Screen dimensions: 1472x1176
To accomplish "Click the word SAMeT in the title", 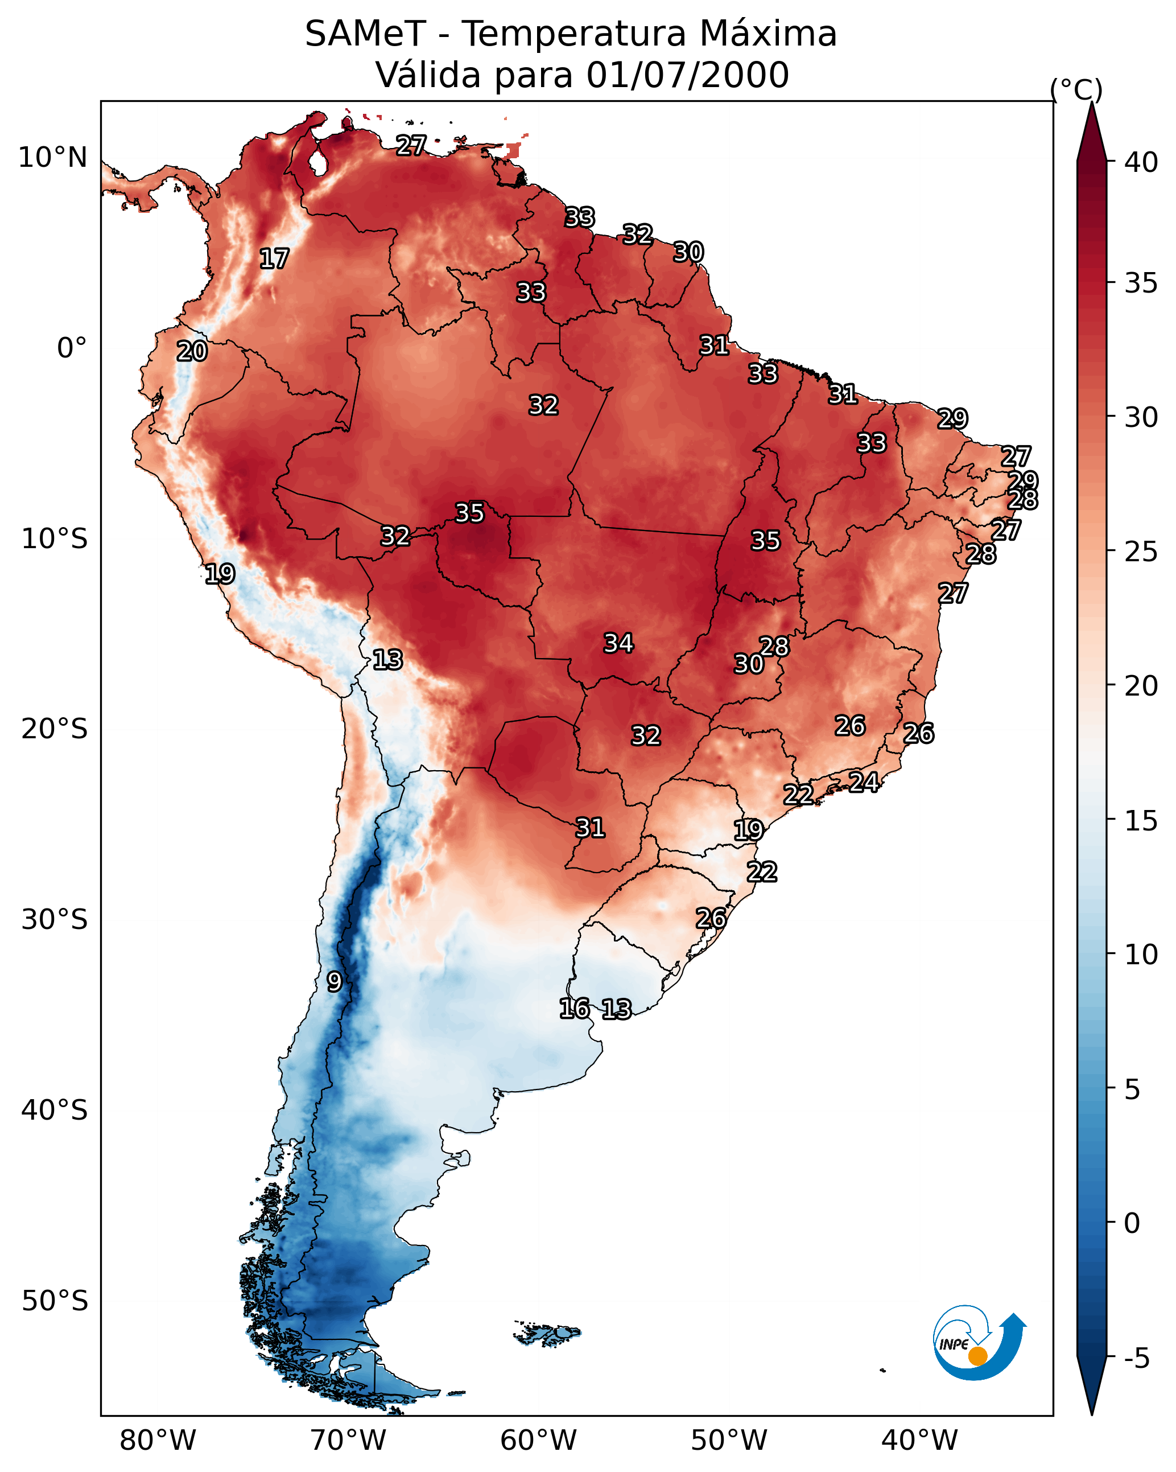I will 365,34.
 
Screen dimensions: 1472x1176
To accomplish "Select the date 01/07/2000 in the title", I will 687,75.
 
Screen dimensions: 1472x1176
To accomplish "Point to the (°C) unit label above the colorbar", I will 1076,89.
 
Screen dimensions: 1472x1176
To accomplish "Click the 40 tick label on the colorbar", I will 1141,162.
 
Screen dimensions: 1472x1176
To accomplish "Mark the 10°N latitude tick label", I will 52,158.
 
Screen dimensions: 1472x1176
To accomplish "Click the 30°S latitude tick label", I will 55,920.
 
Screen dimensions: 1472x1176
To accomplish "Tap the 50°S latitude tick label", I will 55,1301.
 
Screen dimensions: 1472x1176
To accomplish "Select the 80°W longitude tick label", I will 158,1440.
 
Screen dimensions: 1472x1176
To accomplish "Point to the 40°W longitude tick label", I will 919,1440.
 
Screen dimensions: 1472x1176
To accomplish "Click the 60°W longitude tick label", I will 539,1440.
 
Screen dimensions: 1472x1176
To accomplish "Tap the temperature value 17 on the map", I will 274,259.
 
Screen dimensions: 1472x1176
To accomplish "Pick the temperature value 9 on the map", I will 334,982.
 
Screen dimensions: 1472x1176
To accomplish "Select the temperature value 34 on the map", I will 618,643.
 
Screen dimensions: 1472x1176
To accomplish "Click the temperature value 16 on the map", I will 574,1009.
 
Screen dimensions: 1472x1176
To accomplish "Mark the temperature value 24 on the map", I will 864,782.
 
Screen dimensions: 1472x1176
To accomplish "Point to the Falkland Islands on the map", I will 548,1334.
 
